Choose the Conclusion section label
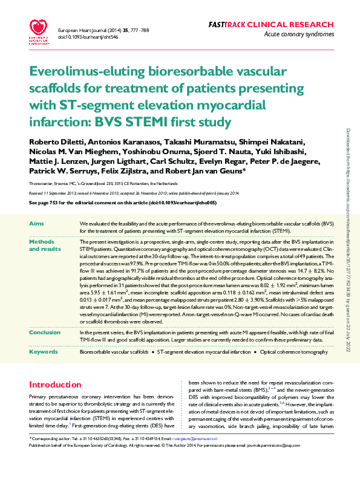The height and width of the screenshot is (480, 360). point(44,332)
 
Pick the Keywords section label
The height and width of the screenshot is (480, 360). point(43,351)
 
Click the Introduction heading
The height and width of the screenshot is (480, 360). point(55,384)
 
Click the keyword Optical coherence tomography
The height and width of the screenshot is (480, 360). point(293,351)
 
